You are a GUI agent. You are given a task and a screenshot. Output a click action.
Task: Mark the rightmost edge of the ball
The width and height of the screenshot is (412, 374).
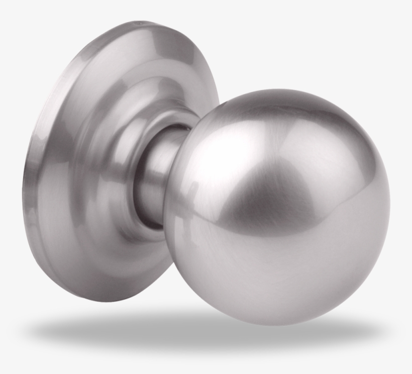coord(390,201)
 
